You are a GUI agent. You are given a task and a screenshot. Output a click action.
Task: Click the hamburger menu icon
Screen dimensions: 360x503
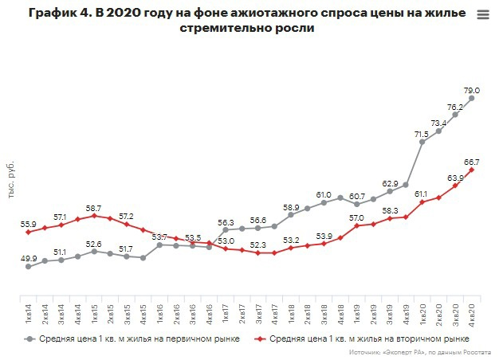[x=482, y=15]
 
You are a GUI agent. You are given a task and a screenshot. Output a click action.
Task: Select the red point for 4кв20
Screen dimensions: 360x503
[x=472, y=170]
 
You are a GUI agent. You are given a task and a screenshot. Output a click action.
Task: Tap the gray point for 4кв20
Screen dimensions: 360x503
[x=472, y=99]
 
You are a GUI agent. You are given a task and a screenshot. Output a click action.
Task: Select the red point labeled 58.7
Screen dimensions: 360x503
[x=94, y=216]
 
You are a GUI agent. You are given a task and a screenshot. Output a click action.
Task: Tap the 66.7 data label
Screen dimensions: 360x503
[x=472, y=160]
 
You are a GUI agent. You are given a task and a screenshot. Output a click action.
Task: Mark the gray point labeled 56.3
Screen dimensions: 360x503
[x=226, y=230]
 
